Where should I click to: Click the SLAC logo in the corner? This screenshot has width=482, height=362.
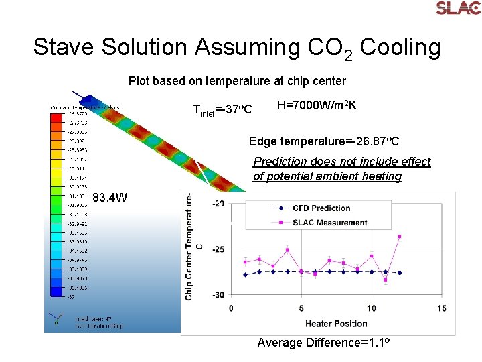[x=458, y=8]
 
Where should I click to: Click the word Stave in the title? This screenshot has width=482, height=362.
[x=64, y=47]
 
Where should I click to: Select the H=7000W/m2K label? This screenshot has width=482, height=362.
[x=317, y=105]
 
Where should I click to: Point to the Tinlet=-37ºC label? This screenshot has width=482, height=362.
[x=222, y=109]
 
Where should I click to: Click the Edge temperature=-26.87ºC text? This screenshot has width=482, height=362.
[x=324, y=141]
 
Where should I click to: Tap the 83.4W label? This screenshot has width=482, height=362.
[x=110, y=198]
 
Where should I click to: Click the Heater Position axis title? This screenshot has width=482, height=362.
[x=336, y=324]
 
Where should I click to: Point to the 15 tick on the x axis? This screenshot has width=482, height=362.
[x=441, y=308]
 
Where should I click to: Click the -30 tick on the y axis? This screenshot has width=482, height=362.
[x=218, y=295]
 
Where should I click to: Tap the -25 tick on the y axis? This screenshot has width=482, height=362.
[x=218, y=249]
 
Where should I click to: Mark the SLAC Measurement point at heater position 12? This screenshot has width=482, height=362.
[x=400, y=237]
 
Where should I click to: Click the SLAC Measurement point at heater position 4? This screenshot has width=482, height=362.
[x=287, y=250]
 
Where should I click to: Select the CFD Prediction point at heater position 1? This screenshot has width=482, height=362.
[x=245, y=274]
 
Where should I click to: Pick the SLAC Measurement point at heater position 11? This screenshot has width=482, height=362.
[x=386, y=280]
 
